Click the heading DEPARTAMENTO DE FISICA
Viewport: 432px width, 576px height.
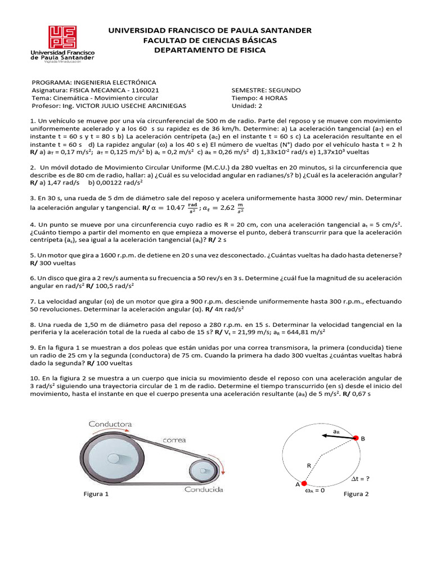(210, 50)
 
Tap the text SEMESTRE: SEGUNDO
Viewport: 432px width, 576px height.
(266, 90)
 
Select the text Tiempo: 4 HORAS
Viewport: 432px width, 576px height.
(259, 98)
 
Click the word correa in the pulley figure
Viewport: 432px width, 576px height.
(174, 439)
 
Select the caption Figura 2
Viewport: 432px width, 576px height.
(356, 494)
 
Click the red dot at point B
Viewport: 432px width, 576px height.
(355, 437)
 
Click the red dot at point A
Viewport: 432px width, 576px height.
(304, 483)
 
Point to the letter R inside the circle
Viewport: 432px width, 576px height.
(308, 465)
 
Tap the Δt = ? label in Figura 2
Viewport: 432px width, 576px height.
(361, 479)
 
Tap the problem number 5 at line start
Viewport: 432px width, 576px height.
(31, 255)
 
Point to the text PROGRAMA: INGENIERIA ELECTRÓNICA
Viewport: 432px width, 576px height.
(94, 82)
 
